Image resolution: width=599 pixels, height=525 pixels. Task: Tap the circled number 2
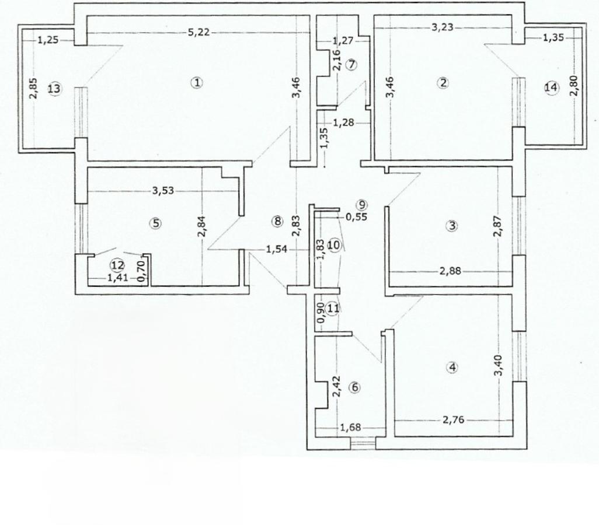click(443, 83)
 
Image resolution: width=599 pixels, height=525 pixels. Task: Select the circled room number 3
click(451, 226)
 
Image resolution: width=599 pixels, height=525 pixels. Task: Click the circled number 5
click(155, 223)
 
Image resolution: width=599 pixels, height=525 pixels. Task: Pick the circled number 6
click(356, 387)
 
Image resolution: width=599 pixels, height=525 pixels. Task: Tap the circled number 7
click(351, 65)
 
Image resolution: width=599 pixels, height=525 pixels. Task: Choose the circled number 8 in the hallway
click(277, 221)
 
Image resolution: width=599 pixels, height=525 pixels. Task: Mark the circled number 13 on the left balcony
click(54, 89)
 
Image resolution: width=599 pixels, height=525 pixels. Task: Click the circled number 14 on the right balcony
click(551, 87)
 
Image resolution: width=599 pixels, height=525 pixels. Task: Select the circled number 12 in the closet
click(117, 265)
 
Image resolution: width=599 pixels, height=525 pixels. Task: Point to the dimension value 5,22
click(199, 32)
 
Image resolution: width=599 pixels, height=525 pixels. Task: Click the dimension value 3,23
click(441, 26)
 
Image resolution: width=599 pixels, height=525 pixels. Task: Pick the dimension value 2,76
click(453, 419)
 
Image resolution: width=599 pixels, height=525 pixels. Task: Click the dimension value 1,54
click(276, 250)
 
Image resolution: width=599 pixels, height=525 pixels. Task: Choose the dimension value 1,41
click(117, 278)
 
